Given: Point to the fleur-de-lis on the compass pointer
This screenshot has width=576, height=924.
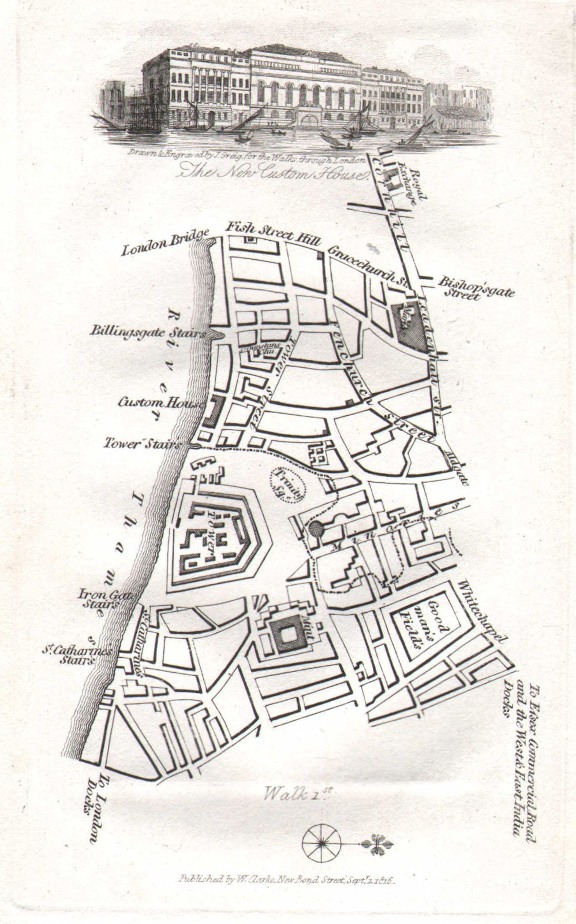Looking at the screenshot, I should pyautogui.click(x=379, y=845).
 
